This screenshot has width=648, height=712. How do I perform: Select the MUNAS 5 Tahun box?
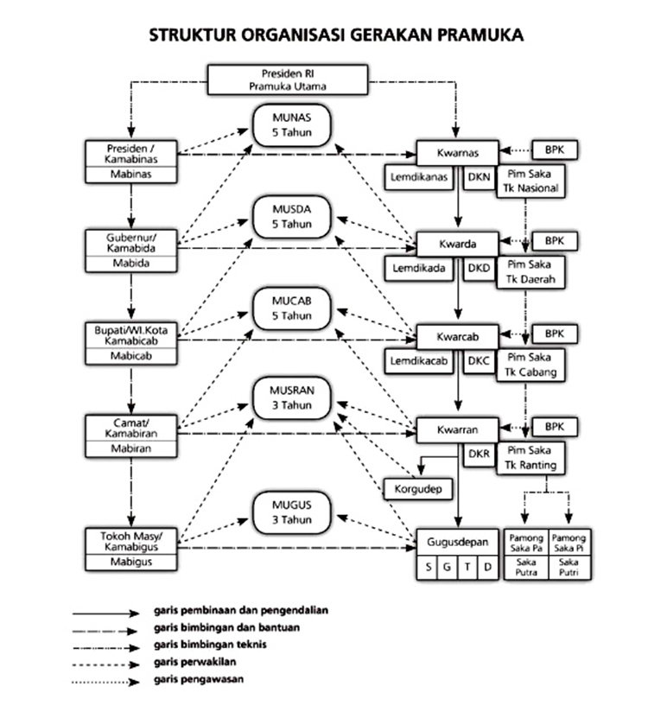293,126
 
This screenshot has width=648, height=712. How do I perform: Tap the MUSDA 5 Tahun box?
293,216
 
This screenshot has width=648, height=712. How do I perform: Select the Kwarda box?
458,243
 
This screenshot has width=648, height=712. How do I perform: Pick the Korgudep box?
419,488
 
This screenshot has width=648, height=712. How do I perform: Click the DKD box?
479,268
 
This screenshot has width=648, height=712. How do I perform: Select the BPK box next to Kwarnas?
554,148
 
